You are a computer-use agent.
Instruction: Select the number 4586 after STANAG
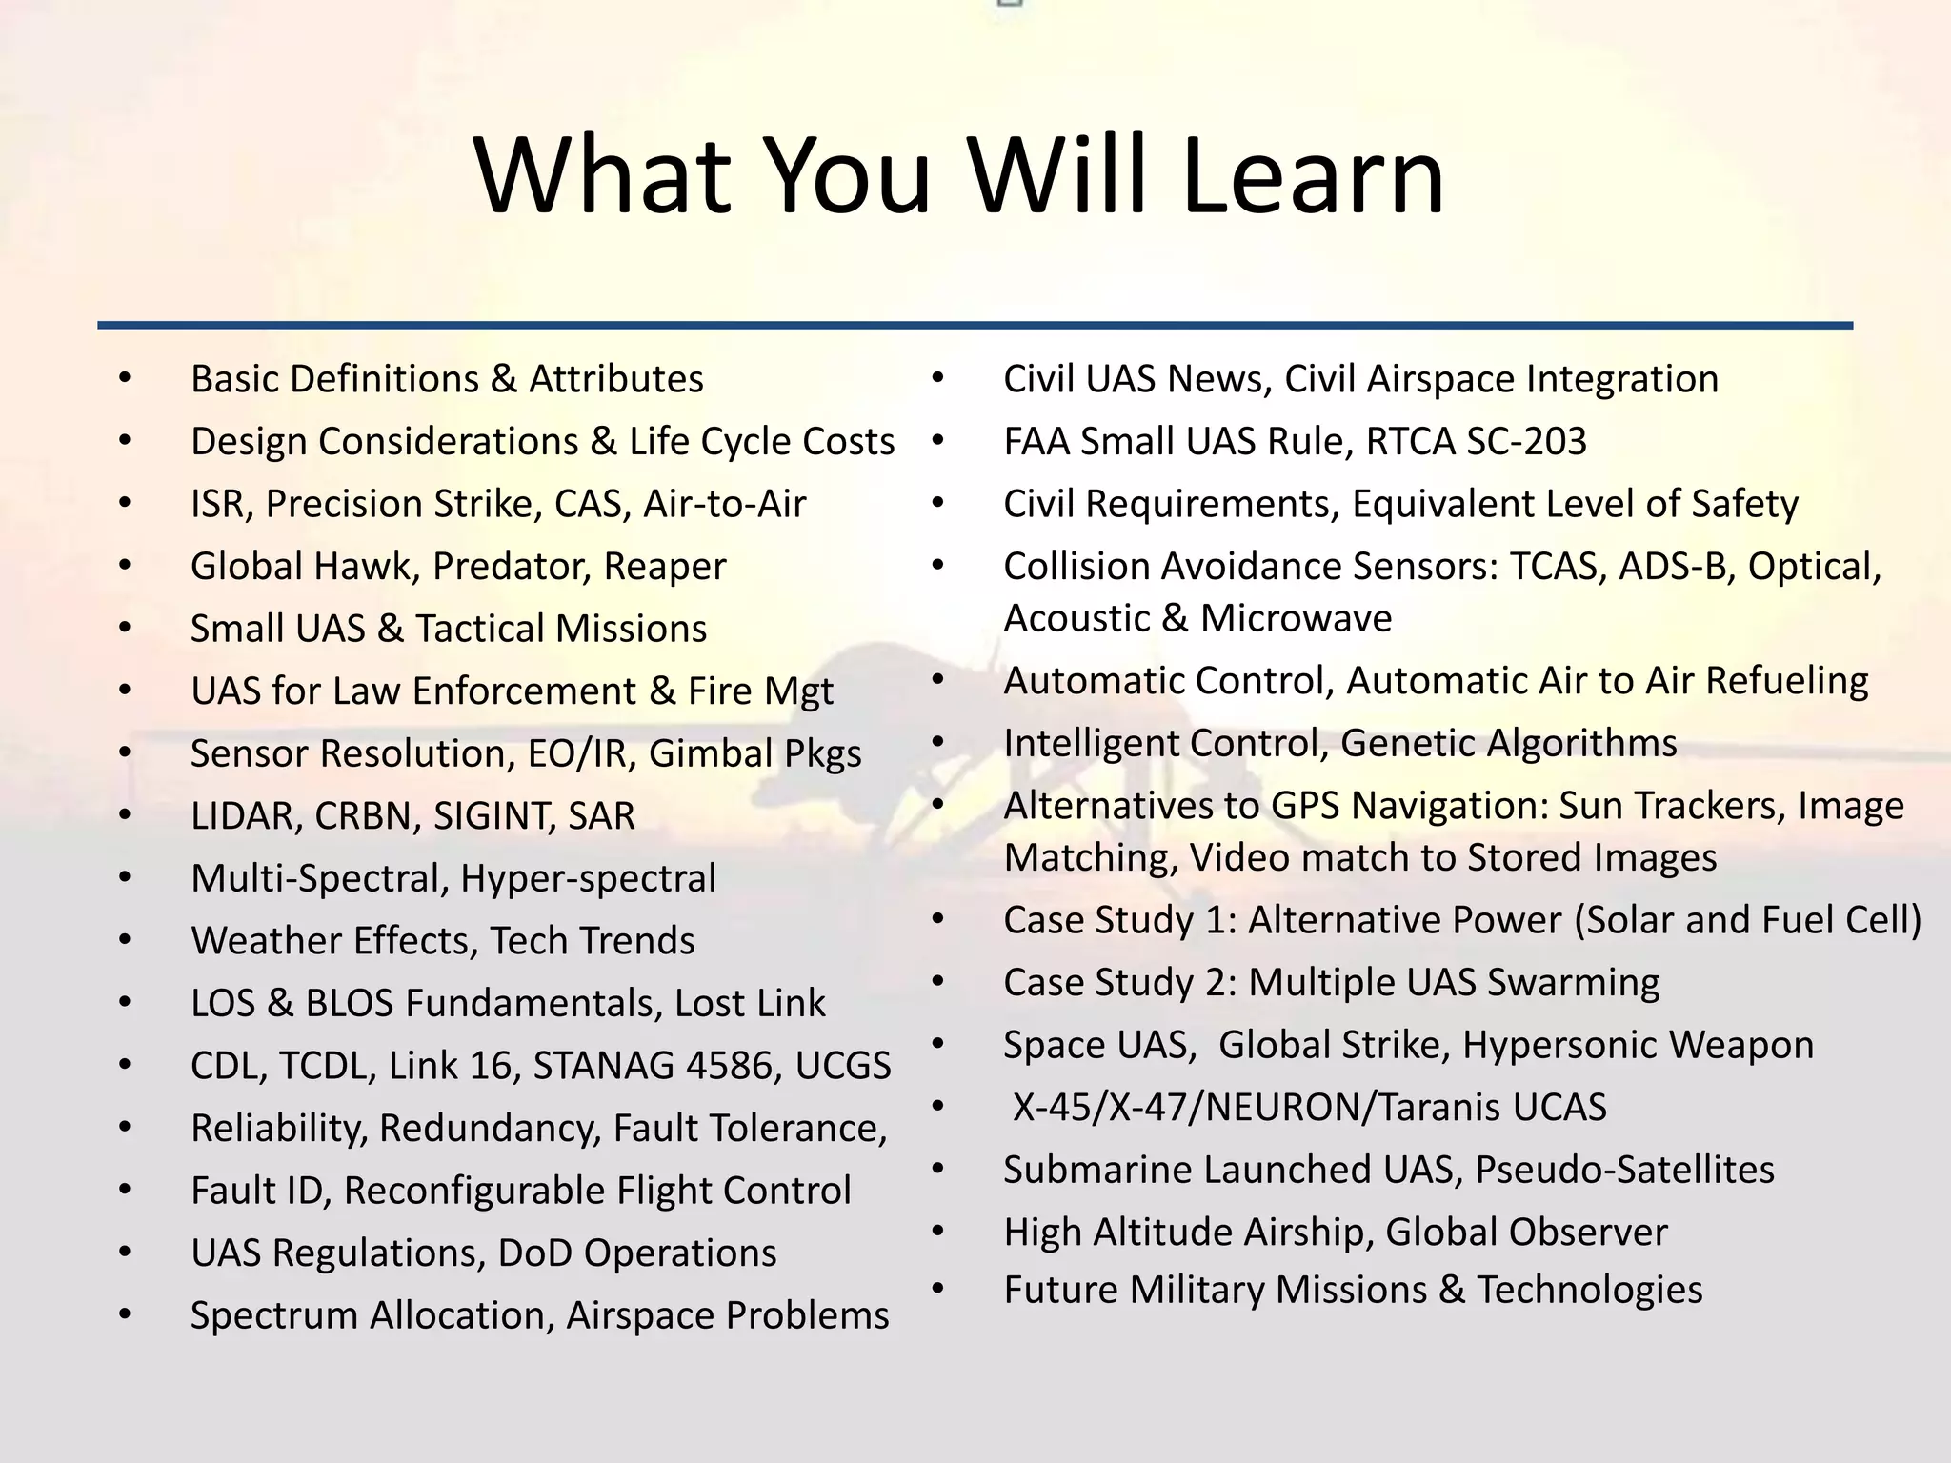point(729,1066)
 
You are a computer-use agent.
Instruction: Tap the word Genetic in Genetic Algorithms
point(1399,744)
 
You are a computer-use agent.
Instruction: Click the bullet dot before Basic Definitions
point(125,379)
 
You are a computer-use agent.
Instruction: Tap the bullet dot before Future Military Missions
point(937,1290)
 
